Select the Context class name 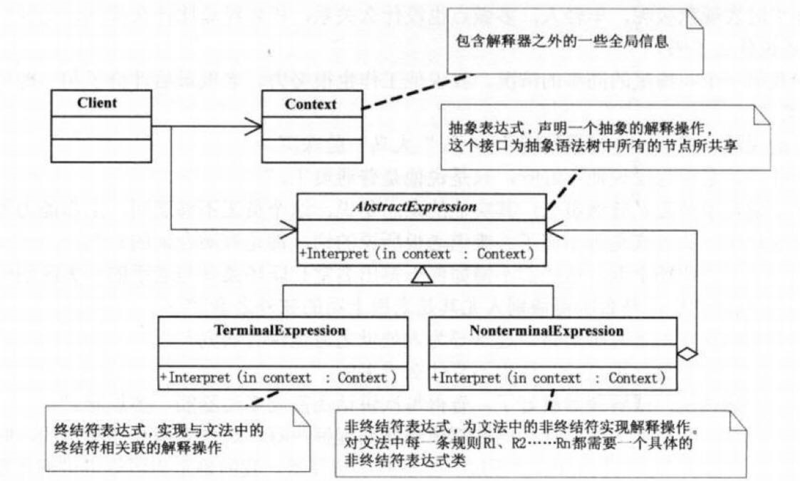pos(310,104)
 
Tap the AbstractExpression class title pos(422,208)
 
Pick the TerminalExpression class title pos(281,331)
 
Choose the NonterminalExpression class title pos(546,331)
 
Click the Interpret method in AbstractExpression pos(417,253)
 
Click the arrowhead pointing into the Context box pos(254,128)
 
